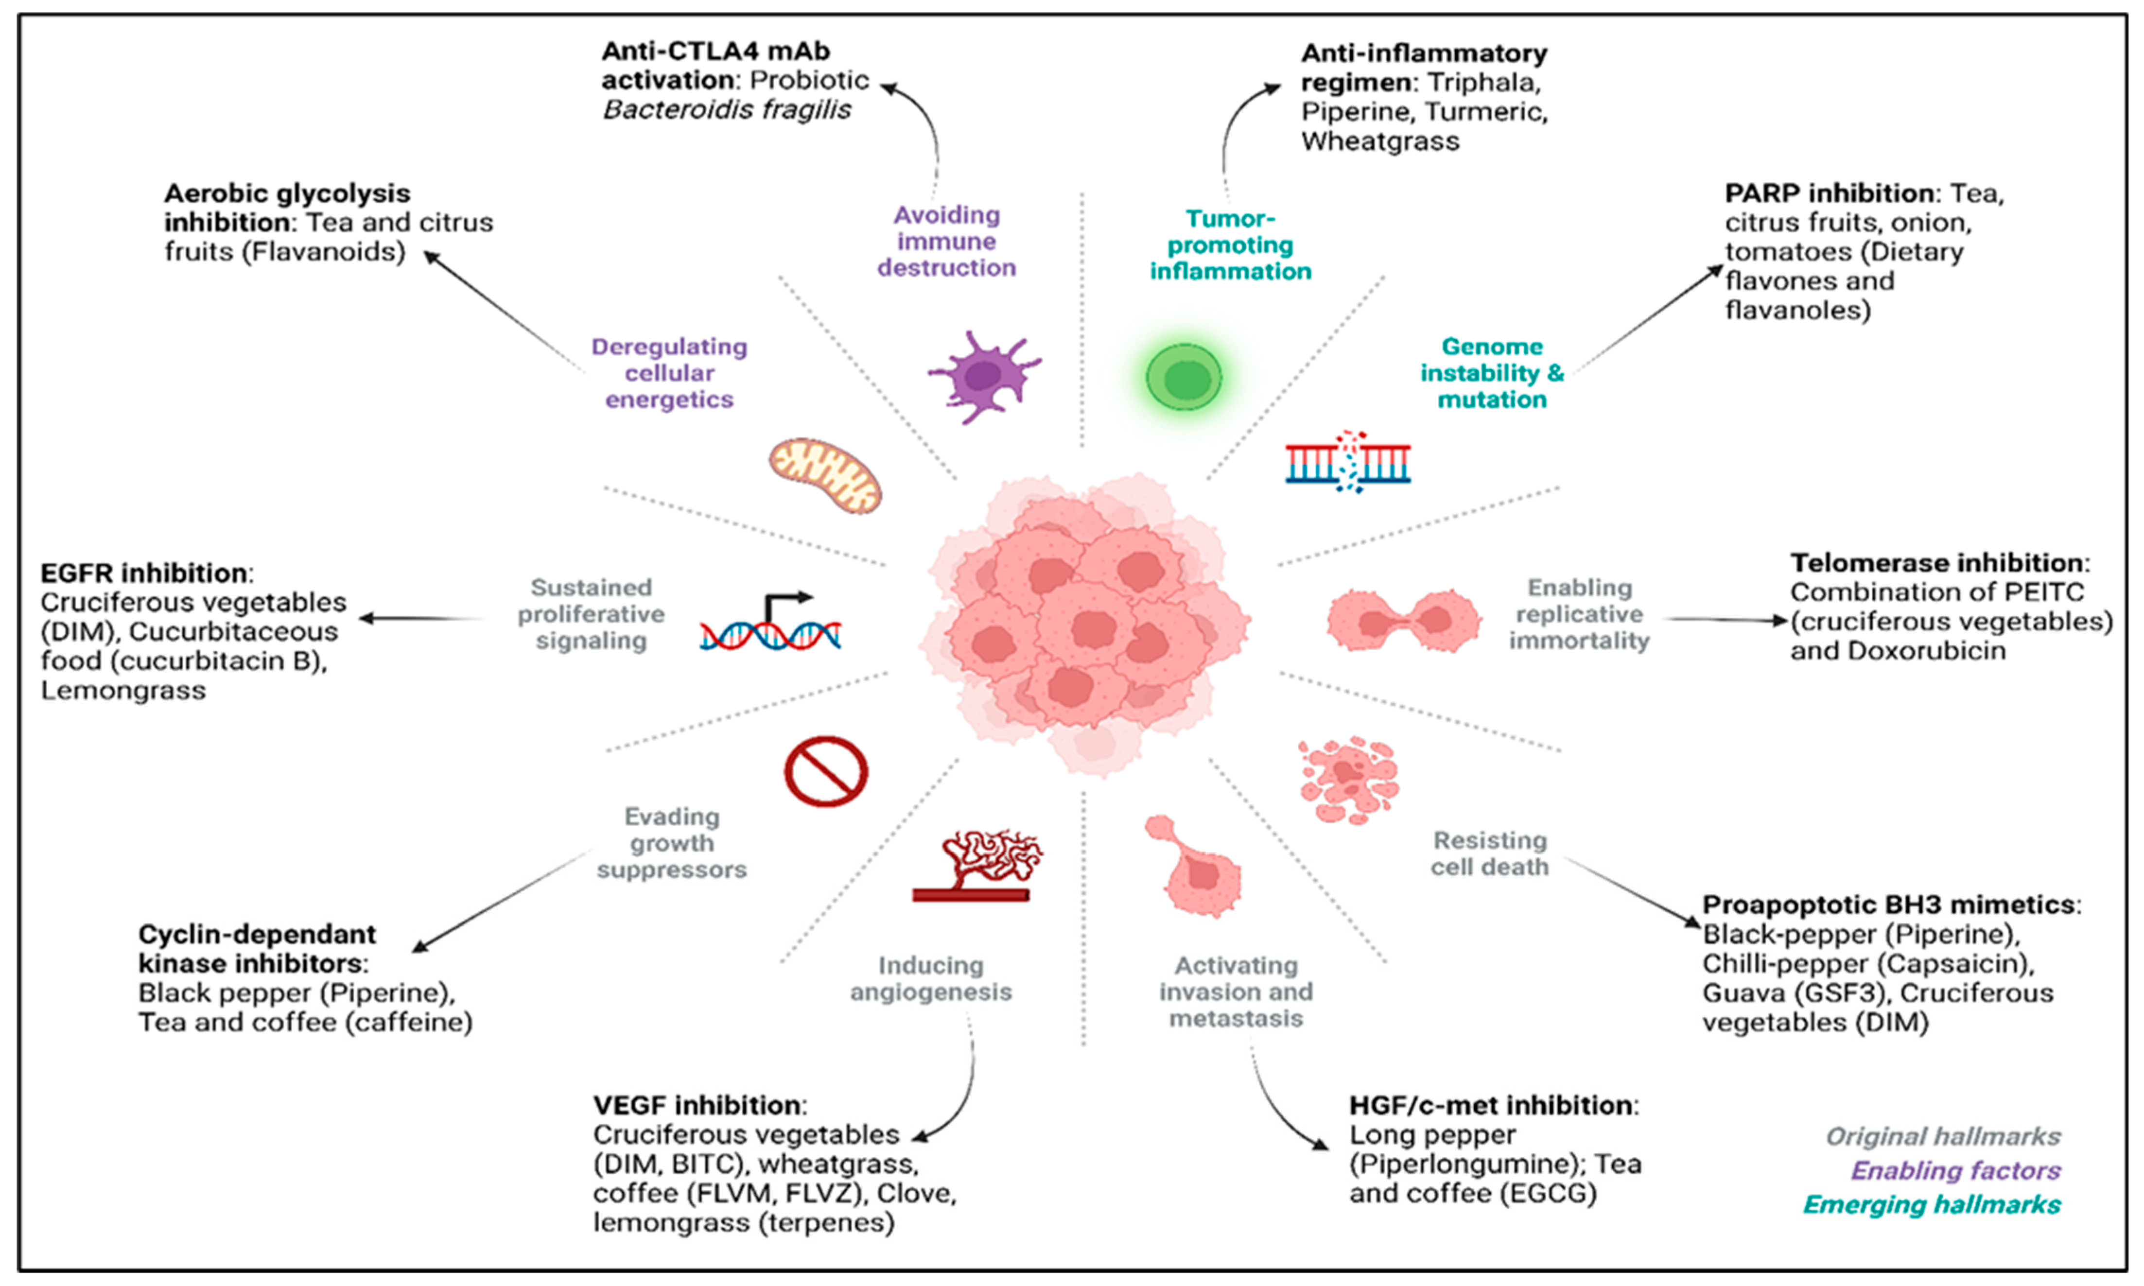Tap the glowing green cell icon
pyautogui.click(x=1184, y=378)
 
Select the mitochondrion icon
pyautogui.click(x=825, y=475)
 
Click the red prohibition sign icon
pyautogui.click(x=826, y=771)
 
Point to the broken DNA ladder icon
pyautogui.click(x=1347, y=461)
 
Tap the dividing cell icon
pyautogui.click(x=1402, y=620)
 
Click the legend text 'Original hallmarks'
pyautogui.click(x=1943, y=1136)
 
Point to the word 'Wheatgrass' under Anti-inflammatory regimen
pyautogui.click(x=1380, y=141)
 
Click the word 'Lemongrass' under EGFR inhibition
pyautogui.click(x=123, y=691)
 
